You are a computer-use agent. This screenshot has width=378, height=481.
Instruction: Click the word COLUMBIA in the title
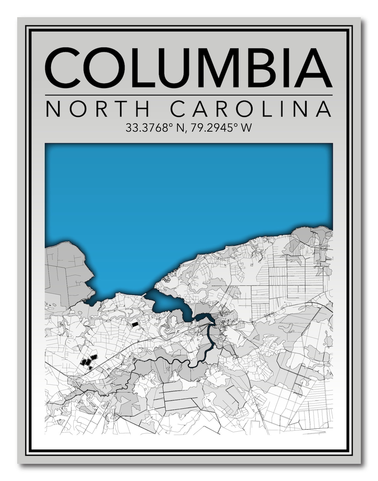[188, 68]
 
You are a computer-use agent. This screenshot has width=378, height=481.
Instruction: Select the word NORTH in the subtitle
[99, 110]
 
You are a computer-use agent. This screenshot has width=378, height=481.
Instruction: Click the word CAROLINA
[252, 110]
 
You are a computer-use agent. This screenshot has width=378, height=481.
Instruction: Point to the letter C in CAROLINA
[182, 110]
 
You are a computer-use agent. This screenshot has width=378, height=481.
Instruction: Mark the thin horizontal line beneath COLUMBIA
[188, 95]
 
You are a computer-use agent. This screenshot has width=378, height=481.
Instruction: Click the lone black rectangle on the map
[135, 325]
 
